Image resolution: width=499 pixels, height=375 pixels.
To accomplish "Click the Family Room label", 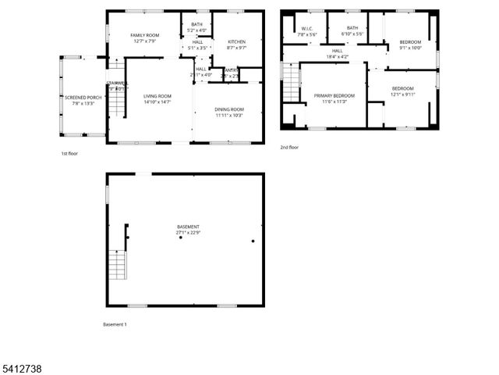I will [x=145, y=36].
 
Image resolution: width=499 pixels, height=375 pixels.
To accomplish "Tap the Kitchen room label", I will [x=237, y=41].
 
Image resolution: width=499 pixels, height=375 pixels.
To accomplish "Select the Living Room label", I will [x=157, y=96].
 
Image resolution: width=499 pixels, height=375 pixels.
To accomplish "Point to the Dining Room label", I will [x=229, y=109].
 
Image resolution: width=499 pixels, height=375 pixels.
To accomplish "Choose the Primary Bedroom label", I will [x=334, y=95].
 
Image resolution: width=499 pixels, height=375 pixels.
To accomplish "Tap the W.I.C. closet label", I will [x=306, y=29].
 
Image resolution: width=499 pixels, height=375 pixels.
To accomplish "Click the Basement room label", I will [x=188, y=227].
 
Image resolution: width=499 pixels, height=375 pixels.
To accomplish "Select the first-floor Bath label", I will [x=196, y=24].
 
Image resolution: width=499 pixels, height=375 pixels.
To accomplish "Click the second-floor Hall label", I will [x=338, y=51].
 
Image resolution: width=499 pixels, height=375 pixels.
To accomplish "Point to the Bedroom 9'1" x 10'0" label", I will [x=410, y=41].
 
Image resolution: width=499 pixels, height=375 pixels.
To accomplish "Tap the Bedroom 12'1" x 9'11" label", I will [x=402, y=88].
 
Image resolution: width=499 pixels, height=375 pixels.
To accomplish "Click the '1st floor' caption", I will [x=69, y=153].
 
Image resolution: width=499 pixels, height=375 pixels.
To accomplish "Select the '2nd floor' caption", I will [x=288, y=146].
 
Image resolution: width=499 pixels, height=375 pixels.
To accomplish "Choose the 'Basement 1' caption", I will [x=115, y=323].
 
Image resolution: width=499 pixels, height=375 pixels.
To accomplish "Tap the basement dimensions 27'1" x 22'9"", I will [x=188, y=233].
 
